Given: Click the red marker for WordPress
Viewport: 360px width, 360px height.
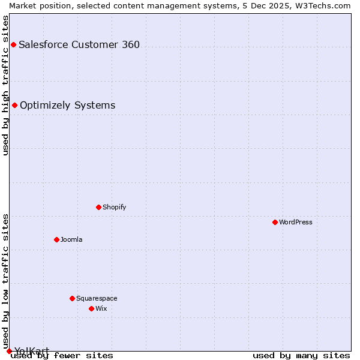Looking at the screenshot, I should [x=275, y=222].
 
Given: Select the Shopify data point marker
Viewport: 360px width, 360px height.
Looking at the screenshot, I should [x=98, y=207].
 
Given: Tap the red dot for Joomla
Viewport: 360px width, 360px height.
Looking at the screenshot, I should [x=56, y=239].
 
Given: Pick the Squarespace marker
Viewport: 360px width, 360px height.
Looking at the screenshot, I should [x=72, y=298].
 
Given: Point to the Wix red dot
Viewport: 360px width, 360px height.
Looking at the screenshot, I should [x=91, y=308].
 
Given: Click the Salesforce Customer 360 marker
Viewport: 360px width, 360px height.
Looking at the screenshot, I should [x=13, y=44].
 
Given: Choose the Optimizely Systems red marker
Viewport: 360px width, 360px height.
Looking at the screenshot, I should [x=14, y=106].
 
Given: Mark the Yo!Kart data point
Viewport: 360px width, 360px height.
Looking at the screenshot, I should [x=9, y=351].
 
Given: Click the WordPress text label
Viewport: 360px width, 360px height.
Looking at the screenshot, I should [x=296, y=222].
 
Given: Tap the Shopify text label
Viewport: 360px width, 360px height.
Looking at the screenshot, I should [x=115, y=207].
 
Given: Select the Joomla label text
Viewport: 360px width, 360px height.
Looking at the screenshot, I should [x=71, y=239].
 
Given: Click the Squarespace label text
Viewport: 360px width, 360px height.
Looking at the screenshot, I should [x=97, y=298].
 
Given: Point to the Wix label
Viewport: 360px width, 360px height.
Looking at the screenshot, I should [x=101, y=308].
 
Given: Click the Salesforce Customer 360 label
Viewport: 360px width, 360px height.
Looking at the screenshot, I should [x=79, y=44].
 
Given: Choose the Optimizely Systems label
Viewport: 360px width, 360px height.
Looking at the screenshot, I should [x=68, y=106].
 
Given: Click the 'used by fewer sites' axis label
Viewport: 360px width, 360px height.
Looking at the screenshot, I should [x=62, y=356].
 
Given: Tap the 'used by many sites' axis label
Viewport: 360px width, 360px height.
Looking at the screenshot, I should [x=301, y=356].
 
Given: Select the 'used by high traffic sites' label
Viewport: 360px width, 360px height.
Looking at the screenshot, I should [x=6, y=85].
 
